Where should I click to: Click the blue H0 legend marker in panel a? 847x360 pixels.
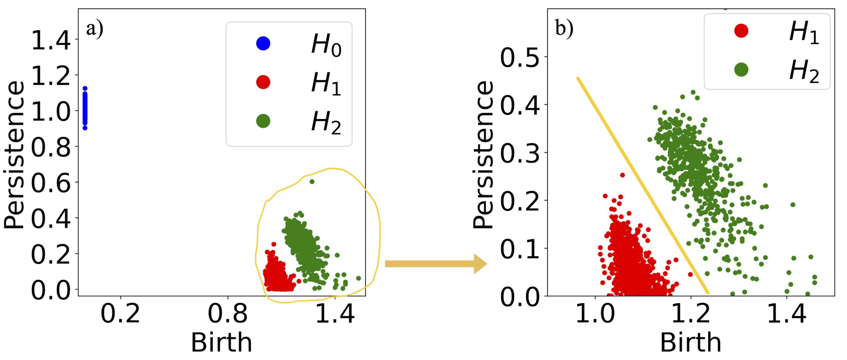tap(263, 43)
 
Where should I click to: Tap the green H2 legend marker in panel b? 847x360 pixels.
tap(741, 69)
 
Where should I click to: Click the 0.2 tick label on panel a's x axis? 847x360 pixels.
tap(120, 314)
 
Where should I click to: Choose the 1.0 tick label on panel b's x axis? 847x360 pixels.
tap(595, 314)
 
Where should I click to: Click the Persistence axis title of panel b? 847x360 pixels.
tap(483, 154)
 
